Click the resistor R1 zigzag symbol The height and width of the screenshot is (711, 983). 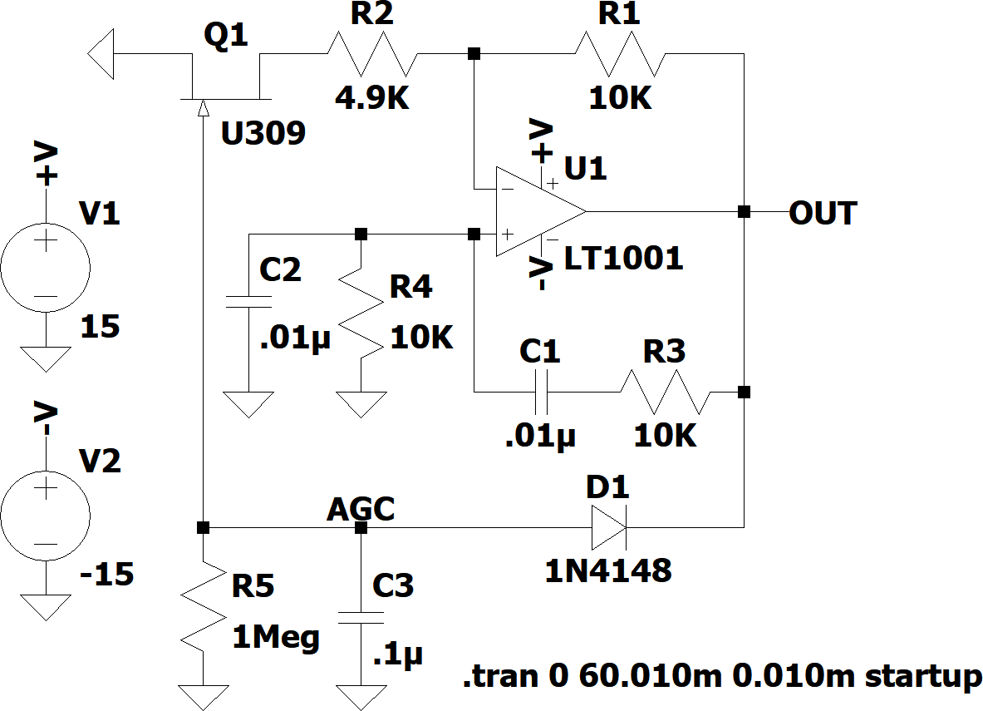(619, 54)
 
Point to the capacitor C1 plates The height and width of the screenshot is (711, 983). (541, 392)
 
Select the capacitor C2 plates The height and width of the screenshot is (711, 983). (248, 302)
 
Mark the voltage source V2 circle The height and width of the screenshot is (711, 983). (45, 516)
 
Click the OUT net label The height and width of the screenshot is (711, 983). (823, 213)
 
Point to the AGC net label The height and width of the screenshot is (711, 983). (361, 509)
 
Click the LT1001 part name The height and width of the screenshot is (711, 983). (623, 259)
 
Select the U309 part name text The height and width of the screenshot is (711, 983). (263, 132)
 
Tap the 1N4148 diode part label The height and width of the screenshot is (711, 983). (607, 570)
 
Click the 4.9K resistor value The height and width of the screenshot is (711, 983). (373, 99)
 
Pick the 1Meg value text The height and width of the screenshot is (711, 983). (276, 638)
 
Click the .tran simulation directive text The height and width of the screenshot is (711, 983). (721, 676)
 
